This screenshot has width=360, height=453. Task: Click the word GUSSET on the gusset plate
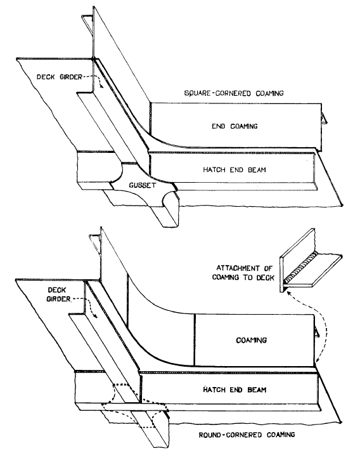tap(143, 185)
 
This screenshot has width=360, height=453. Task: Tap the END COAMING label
tap(235, 126)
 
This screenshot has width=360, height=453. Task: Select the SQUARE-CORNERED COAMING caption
tap(234, 93)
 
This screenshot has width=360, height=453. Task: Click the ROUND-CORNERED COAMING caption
tap(247, 435)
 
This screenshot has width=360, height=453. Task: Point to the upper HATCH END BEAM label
tap(235, 169)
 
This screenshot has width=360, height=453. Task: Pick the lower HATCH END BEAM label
tap(235, 390)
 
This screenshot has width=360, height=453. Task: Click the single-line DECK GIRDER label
tap(60, 77)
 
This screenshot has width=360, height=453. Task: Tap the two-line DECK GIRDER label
tap(57, 294)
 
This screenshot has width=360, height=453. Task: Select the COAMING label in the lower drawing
tap(251, 340)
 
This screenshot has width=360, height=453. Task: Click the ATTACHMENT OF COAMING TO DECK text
tap(243, 273)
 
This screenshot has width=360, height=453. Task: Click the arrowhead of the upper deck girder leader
tap(101, 86)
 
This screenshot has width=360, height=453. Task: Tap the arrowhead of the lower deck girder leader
tap(96, 316)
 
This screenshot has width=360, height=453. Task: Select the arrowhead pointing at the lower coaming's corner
tap(318, 360)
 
